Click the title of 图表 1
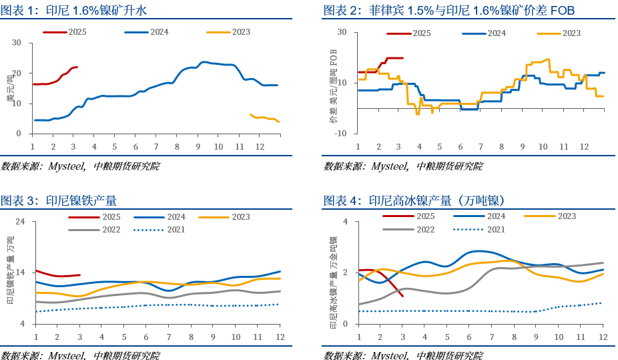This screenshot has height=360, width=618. click(x=73, y=10)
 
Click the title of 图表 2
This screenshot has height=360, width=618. click(x=448, y=10)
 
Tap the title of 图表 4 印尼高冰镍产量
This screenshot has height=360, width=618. click(x=414, y=200)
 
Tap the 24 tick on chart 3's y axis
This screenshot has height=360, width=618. click(x=19, y=222)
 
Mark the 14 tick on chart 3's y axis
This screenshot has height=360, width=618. click(x=19, y=273)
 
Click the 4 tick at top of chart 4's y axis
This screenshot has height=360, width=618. click(x=346, y=222)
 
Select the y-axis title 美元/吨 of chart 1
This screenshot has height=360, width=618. click(x=10, y=88)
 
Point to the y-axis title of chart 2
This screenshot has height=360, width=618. click(x=333, y=87)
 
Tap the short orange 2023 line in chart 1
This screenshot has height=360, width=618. click(x=264, y=118)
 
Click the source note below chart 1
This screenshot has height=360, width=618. click(x=80, y=166)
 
